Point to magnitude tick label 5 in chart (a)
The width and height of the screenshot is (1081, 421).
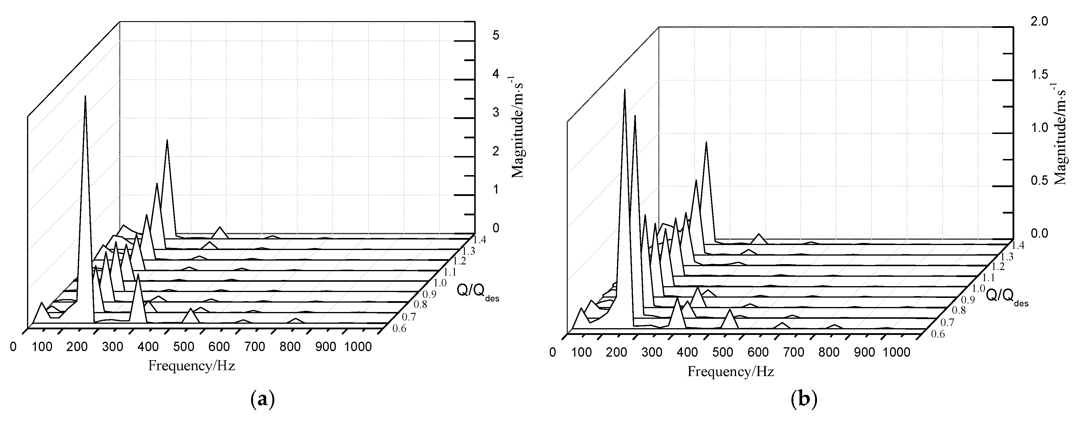tap(496, 35)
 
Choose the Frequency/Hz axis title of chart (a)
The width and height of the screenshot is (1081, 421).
tap(191, 365)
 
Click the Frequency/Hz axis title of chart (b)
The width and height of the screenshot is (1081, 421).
tap(730, 371)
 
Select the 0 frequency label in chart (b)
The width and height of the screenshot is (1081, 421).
tap(553, 353)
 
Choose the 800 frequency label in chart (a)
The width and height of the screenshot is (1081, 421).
tap(290, 347)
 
